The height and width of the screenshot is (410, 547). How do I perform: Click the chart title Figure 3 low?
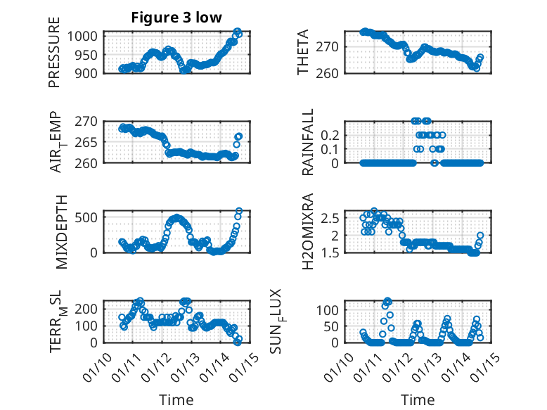[176, 18]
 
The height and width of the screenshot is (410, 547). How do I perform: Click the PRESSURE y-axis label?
[54, 53]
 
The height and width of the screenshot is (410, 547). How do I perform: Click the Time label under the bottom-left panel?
[176, 399]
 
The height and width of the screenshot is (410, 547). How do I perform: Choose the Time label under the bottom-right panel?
[418, 399]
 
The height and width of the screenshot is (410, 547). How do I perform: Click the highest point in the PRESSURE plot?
[238, 32]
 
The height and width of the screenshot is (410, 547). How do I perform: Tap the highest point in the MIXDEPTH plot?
[239, 211]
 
